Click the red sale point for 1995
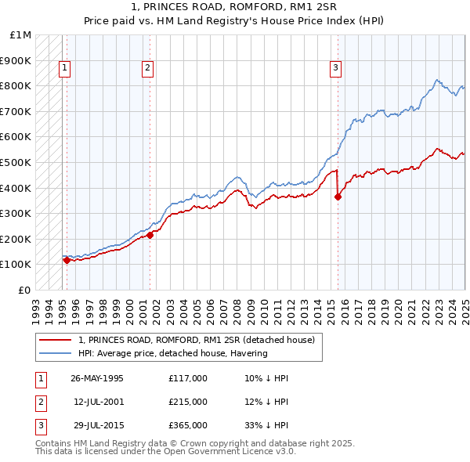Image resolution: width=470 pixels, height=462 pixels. (67, 261)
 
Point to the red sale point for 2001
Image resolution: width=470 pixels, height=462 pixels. (150, 235)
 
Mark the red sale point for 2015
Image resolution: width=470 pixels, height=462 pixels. (338, 197)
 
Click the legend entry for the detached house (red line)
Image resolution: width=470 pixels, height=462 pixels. (196, 340)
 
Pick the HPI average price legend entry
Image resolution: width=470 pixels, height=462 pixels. (172, 353)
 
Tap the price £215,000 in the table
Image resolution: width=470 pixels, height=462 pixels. (187, 402)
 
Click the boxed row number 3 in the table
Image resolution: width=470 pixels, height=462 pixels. (38, 425)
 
